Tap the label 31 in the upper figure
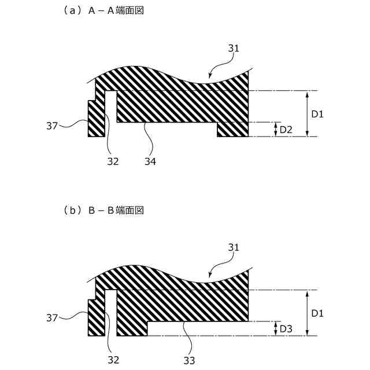233,49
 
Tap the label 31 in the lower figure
233,247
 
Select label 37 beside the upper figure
52,124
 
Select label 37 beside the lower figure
52,317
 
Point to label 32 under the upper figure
112,161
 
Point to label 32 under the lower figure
113,360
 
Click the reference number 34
150,161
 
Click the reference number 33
188,360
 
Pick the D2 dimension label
286,130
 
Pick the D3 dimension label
286,329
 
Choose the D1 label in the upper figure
317,114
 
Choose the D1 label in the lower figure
317,313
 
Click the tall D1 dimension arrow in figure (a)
306,113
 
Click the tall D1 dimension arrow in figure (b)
306,312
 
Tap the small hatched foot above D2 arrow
233,129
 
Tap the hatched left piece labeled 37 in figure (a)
96,119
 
